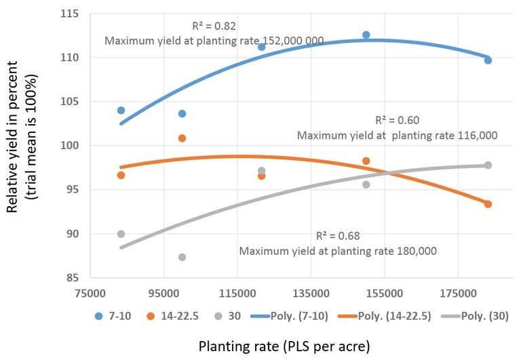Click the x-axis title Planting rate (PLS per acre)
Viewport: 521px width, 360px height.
284,346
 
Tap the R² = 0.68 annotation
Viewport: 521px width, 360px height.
337,236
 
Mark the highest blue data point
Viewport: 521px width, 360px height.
366,35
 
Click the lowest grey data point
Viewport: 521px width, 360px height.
182,257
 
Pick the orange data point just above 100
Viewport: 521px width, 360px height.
182,138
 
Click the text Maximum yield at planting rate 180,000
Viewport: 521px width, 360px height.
337,251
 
